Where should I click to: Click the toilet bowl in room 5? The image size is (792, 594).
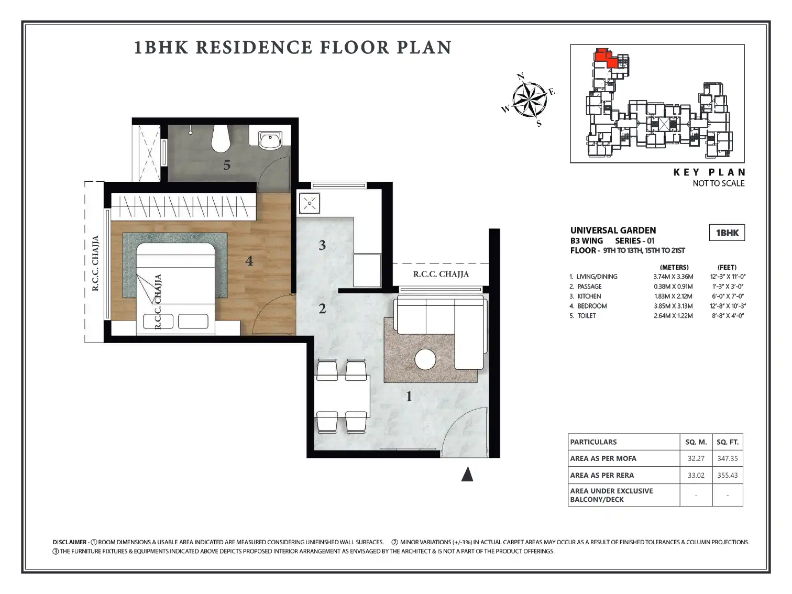[221, 138]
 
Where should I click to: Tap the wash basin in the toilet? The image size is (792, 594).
[270, 140]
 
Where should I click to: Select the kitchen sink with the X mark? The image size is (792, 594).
[309, 203]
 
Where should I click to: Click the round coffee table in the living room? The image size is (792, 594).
[425, 359]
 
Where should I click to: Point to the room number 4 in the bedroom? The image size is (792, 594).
[249, 261]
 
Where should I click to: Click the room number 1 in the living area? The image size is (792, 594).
[409, 397]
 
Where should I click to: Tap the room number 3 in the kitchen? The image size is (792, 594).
[322, 245]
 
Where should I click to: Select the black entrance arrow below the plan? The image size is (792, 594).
[467, 474]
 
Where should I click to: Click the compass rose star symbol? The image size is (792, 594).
[530, 100]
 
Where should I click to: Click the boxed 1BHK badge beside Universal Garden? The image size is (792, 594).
[727, 233]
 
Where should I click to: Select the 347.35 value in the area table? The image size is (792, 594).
[728, 458]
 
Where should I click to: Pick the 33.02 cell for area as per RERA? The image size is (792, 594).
[696, 475]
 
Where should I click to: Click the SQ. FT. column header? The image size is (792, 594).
[728, 442]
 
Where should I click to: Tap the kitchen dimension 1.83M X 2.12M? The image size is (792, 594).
[673, 296]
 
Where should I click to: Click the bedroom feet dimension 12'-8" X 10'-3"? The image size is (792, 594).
[728, 306]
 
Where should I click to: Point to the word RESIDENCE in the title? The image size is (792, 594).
[254, 47]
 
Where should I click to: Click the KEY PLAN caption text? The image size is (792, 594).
[709, 172]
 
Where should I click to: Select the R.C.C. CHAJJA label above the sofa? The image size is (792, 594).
[441, 274]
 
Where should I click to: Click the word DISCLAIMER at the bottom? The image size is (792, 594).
[70, 542]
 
